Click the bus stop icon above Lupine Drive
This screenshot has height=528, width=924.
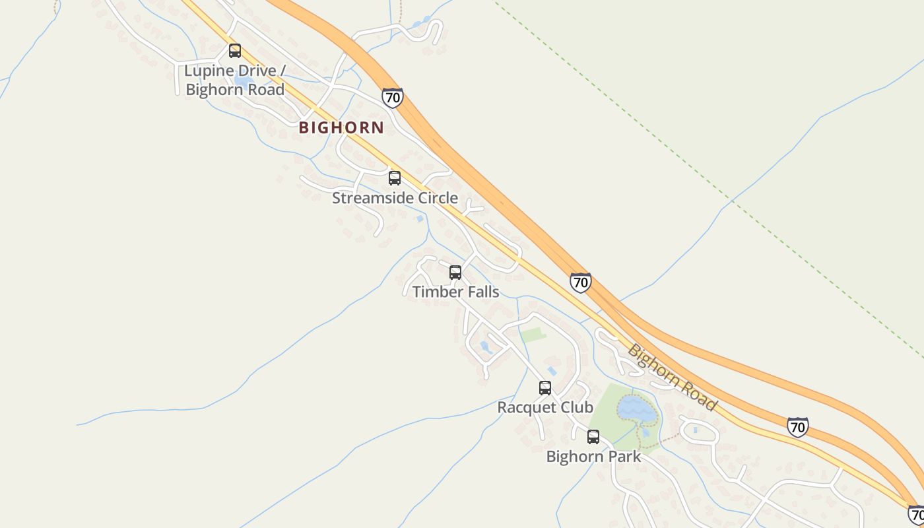pyautogui.click(x=235, y=51)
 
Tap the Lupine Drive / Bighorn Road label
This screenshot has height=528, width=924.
pyautogui.click(x=235, y=80)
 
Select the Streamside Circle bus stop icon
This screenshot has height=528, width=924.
pyautogui.click(x=395, y=178)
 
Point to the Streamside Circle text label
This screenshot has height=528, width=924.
pyautogui.click(x=395, y=198)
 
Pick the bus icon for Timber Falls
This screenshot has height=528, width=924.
pyautogui.click(x=455, y=273)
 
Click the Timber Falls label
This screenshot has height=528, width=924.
pyautogui.click(x=455, y=292)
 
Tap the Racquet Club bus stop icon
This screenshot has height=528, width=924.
pyautogui.click(x=545, y=388)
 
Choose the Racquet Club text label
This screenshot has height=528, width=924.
pyautogui.click(x=545, y=407)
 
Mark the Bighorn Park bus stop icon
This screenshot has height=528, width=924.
pyautogui.click(x=593, y=437)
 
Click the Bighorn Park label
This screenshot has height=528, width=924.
pyautogui.click(x=593, y=456)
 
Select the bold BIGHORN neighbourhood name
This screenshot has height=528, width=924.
pyautogui.click(x=341, y=128)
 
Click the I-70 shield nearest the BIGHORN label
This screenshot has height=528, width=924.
pyautogui.click(x=392, y=98)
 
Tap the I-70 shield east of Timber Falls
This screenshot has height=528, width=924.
pyautogui.click(x=580, y=282)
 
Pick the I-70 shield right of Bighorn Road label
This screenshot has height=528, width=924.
pyautogui.click(x=797, y=427)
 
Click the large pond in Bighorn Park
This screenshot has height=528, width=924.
pyautogui.click(x=637, y=410)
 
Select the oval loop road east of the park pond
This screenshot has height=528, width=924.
pyautogui.click(x=699, y=432)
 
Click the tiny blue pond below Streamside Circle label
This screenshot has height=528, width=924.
pyautogui.click(x=420, y=218)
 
